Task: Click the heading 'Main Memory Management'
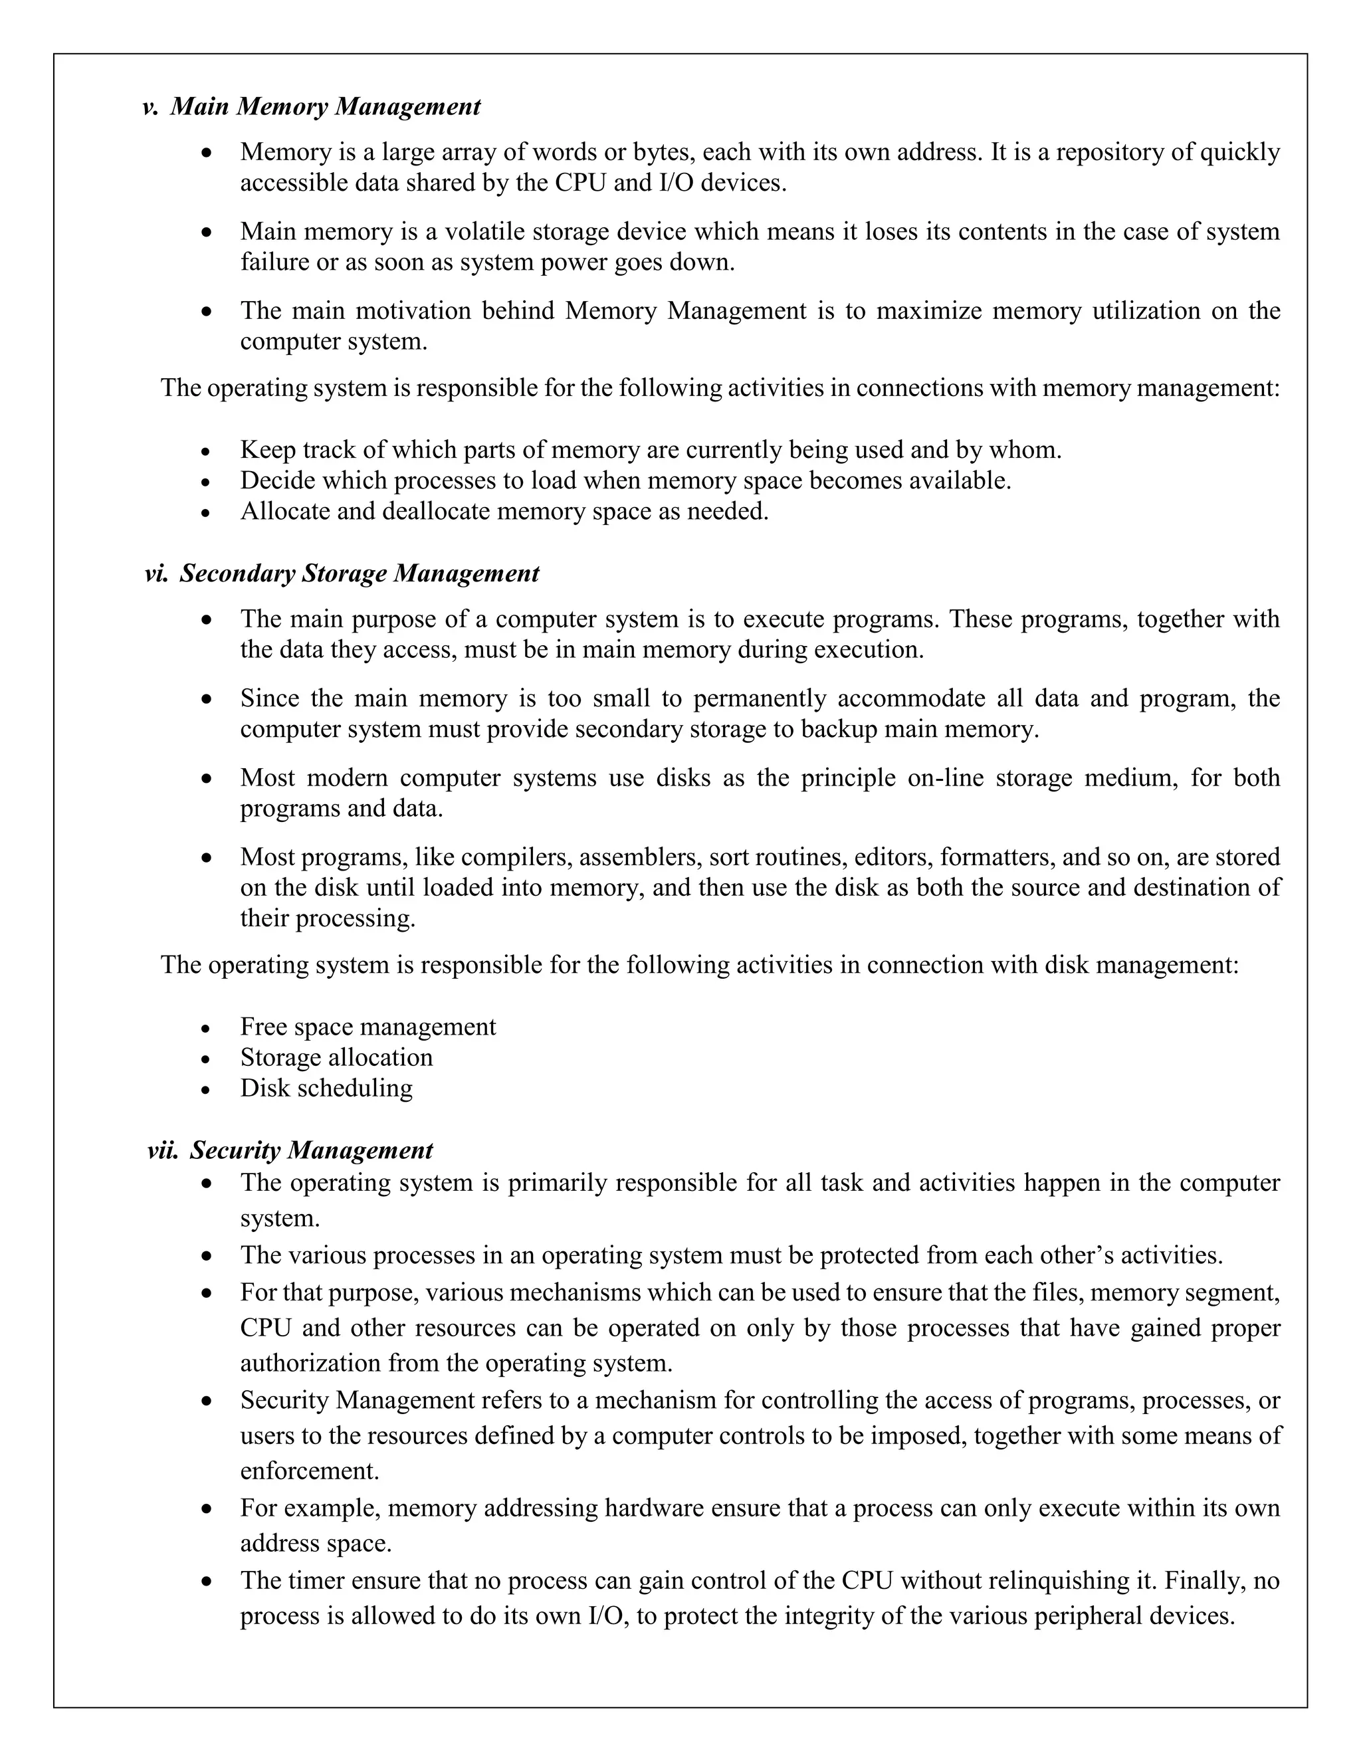[x=325, y=106]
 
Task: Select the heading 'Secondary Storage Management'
[x=359, y=573]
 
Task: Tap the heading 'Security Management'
[x=311, y=1150]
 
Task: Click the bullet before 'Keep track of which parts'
[x=207, y=451]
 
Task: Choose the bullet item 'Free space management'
[x=367, y=1027]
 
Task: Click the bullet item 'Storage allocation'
[x=336, y=1057]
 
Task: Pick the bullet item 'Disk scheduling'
[x=326, y=1088]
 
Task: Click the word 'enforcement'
[x=309, y=1471]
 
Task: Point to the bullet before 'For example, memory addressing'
[x=207, y=1508]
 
